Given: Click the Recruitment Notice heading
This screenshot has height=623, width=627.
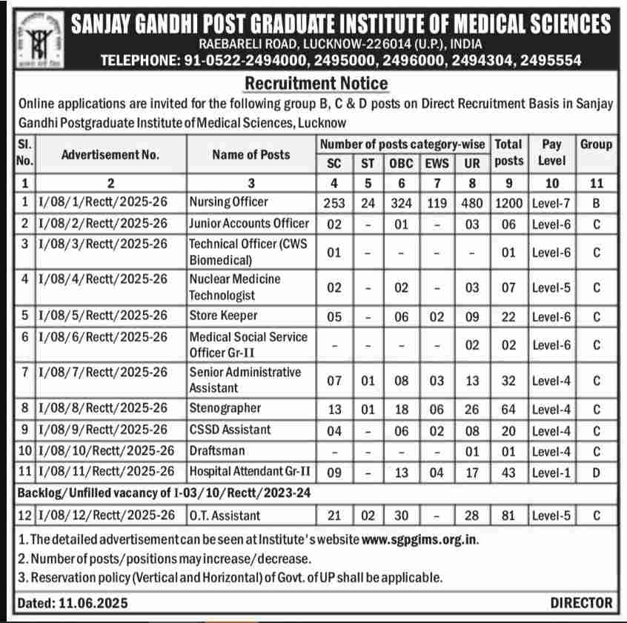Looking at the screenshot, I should (316, 83).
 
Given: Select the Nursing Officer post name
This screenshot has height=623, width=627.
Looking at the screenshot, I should (228, 201).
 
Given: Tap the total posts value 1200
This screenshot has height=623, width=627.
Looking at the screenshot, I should (508, 202).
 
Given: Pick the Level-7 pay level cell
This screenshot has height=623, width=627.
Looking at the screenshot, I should (551, 202).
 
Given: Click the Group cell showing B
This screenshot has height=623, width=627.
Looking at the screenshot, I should (596, 202).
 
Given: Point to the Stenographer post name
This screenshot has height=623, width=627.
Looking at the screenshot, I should (225, 408).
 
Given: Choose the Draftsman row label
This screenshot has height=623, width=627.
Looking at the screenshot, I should (216, 450).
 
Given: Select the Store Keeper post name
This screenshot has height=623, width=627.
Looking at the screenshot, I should (223, 316).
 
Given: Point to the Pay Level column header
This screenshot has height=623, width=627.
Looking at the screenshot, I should (551, 153).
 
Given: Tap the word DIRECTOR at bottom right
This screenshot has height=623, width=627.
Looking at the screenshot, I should (581, 603).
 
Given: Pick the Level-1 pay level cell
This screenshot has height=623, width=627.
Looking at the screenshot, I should (551, 472).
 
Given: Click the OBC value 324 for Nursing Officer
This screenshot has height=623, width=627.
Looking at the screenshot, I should (402, 202).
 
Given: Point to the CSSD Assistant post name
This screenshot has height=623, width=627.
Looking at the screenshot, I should (230, 430).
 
